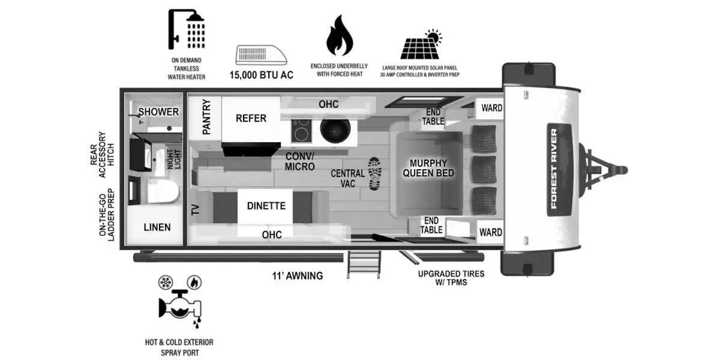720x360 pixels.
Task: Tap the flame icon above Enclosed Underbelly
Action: [x=340, y=37]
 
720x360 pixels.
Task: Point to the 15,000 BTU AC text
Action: [x=262, y=76]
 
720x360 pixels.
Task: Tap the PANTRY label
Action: [x=206, y=116]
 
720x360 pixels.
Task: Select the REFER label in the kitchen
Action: [x=251, y=118]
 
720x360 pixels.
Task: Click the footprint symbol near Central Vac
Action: [x=374, y=174]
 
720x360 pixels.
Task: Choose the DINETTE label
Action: [x=266, y=206]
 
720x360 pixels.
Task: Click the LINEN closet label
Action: [x=157, y=227]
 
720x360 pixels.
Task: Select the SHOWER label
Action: [x=158, y=112]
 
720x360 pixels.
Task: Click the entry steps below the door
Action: [x=364, y=264]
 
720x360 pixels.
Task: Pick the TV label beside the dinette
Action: [x=195, y=209]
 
